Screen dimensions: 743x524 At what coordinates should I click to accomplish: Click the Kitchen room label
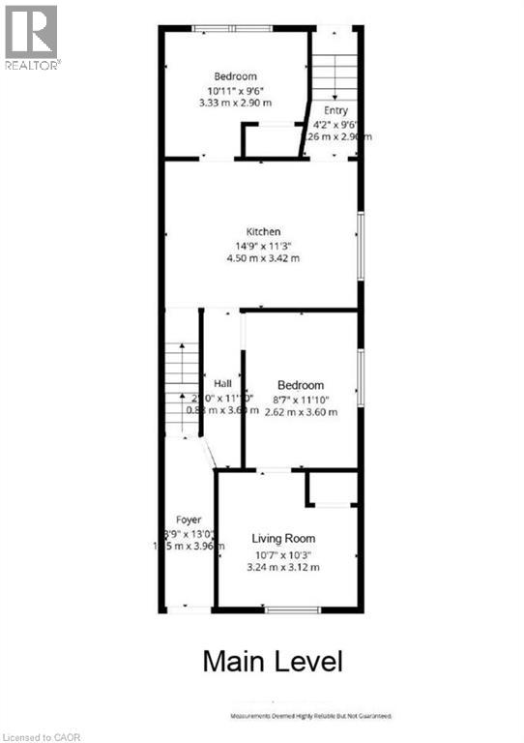[263, 231]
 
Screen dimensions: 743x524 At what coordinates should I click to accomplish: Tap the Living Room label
[283, 538]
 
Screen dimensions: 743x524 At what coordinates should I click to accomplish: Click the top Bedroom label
[235, 76]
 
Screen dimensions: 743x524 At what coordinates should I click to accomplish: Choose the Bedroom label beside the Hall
[301, 385]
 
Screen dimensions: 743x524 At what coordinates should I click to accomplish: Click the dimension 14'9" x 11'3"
[263, 245]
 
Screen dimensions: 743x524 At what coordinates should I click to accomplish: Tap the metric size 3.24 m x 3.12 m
[283, 567]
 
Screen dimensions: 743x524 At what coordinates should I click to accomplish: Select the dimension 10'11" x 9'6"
[235, 90]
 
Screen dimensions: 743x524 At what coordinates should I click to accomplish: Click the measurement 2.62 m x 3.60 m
[301, 411]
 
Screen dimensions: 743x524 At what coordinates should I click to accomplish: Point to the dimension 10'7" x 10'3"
[283, 553]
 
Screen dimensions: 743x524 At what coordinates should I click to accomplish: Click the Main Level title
[272, 662]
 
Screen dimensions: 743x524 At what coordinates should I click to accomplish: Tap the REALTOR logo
[32, 37]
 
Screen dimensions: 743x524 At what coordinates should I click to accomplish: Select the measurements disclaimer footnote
[310, 716]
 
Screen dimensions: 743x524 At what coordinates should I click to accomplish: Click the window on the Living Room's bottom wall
[293, 609]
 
